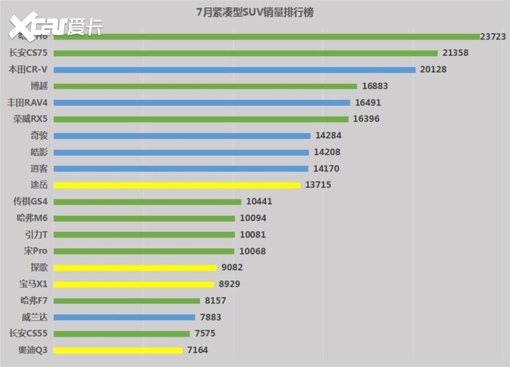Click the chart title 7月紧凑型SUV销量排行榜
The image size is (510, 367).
point(254,11)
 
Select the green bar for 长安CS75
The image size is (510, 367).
point(247,53)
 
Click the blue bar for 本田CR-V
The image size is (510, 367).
point(235,69)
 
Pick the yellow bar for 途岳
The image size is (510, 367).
point(178,185)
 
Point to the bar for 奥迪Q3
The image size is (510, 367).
point(119,350)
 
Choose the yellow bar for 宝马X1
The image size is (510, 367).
point(135,284)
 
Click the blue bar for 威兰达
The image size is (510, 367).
point(125,317)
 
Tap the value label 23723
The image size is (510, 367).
point(493,37)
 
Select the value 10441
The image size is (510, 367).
point(259,202)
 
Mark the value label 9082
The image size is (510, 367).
point(232,268)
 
